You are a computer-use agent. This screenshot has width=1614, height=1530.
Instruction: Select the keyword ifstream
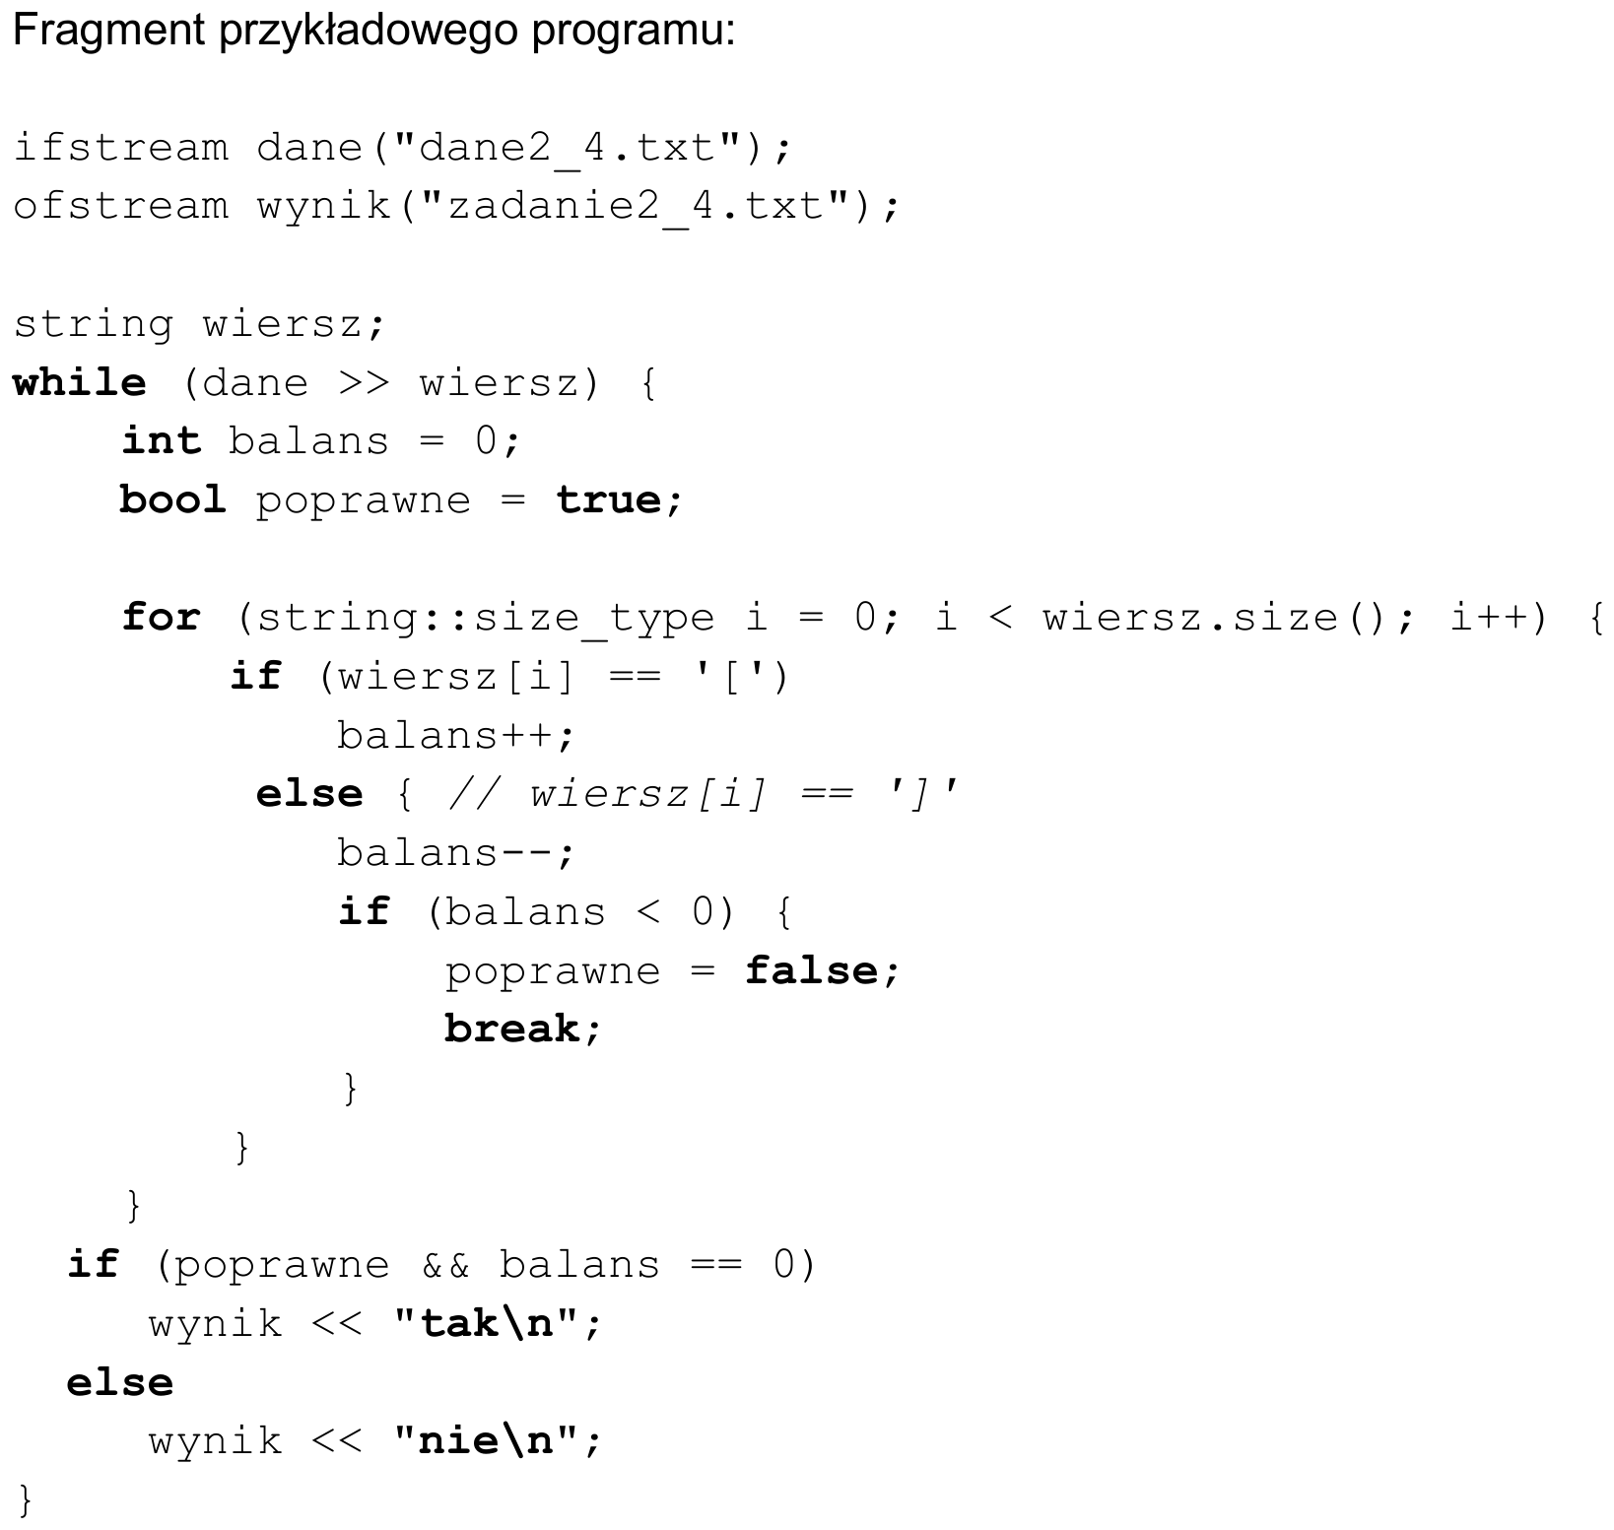coord(121,148)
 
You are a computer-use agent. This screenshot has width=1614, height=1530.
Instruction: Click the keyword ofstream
coord(121,207)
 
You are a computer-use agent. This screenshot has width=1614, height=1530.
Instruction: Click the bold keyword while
coord(80,382)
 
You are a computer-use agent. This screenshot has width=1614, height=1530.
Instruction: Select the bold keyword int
coord(162,440)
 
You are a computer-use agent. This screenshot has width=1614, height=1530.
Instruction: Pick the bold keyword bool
coord(173,499)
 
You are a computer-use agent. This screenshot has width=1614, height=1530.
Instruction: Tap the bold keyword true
coord(609,499)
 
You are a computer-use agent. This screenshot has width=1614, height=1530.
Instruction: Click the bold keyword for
coord(162,618)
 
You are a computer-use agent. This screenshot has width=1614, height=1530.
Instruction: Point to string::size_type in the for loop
coord(486,619)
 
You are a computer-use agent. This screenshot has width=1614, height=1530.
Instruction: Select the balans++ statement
coord(454,736)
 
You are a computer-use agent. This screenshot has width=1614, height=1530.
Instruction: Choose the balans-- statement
coord(454,853)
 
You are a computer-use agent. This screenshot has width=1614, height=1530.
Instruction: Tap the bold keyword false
coord(811,970)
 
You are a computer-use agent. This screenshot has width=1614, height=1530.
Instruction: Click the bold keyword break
coord(511,1029)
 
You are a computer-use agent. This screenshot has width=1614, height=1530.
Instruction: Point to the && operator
coord(445,1265)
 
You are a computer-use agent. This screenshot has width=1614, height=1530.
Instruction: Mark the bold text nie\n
coord(486,1441)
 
